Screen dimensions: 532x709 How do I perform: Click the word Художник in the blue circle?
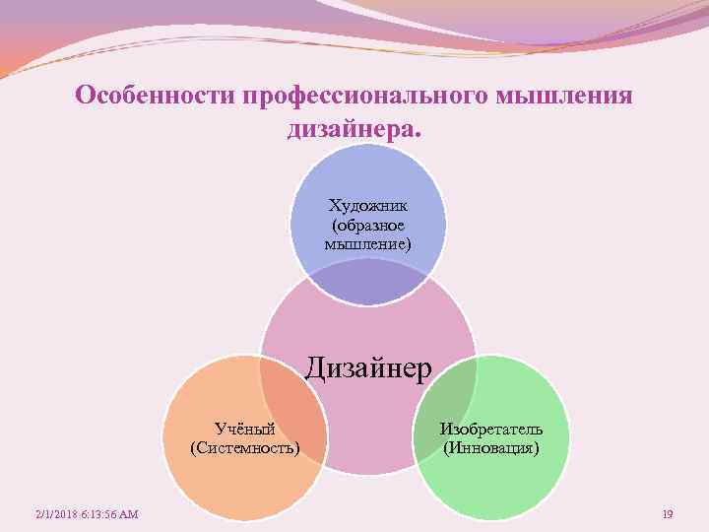368,206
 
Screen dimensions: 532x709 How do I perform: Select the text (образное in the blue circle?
368,225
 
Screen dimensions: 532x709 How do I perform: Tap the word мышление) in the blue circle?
368,242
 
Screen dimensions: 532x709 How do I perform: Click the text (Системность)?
244,448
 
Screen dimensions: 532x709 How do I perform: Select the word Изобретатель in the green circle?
491,430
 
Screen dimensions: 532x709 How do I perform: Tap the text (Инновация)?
491,448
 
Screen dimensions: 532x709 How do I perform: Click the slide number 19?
668,514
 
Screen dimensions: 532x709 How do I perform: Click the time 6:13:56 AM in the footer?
111,514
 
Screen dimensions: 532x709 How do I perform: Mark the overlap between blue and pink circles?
368,287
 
